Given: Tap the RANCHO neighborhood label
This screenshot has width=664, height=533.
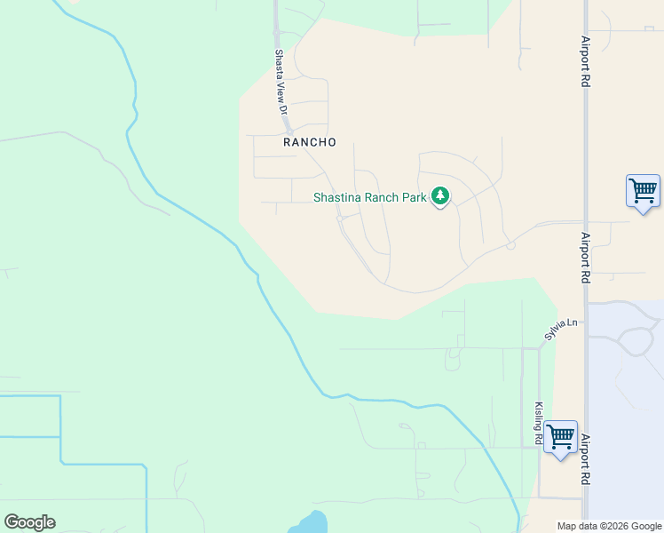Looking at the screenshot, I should (310, 142).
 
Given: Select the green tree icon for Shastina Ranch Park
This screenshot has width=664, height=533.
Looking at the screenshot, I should (440, 196).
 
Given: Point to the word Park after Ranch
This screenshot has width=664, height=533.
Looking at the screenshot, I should (414, 198).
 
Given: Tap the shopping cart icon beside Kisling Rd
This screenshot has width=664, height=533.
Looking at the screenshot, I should (560, 437).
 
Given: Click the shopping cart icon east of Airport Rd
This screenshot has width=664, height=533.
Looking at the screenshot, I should (642, 190).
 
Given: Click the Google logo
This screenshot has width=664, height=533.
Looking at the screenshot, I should (29, 522).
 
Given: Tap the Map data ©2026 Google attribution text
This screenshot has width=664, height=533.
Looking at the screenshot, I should (608, 526).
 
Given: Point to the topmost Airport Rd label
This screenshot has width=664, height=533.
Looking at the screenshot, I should (585, 61).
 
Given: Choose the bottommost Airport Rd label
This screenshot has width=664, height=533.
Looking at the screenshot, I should (585, 459).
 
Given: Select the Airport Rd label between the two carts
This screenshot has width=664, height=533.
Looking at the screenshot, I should (585, 258).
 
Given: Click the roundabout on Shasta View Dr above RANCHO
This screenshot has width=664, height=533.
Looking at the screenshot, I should (289, 131).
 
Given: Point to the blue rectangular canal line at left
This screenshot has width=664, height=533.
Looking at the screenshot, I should (60, 431).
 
